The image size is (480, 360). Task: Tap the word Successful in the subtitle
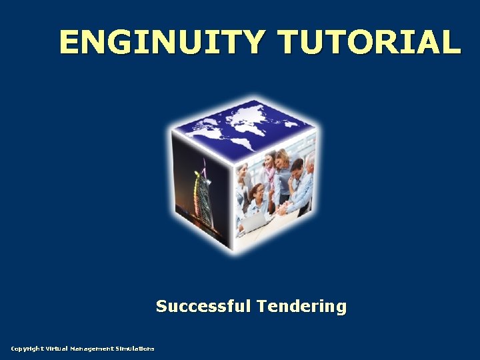(x=203, y=306)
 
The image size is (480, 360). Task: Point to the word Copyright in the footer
(x=27, y=349)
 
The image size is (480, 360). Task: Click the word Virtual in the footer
(x=58, y=349)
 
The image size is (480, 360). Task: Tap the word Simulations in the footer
(x=135, y=349)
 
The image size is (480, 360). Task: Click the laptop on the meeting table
(x=255, y=221)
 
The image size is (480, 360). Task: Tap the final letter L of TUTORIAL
(x=451, y=41)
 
